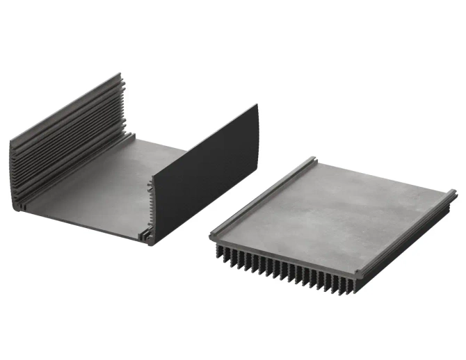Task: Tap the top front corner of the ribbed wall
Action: pyautogui.click(x=12, y=143)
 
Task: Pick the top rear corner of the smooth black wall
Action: pyautogui.click(x=256, y=106)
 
